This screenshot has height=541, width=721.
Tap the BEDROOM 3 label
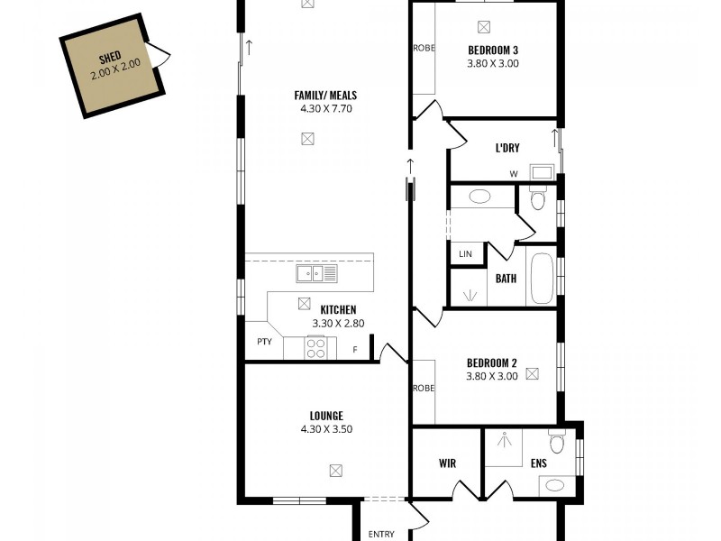(493, 50)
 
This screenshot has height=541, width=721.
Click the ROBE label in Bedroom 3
(424, 49)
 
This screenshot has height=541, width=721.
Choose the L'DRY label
(507, 149)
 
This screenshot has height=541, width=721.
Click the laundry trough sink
(542, 171)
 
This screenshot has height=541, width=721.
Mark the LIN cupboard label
(465, 254)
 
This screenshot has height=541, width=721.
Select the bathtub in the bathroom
(542, 278)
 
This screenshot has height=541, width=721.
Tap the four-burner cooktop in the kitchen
(315, 347)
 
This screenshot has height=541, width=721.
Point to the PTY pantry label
(264, 342)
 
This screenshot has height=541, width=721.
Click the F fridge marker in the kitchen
(355, 350)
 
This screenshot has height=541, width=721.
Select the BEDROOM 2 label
(492, 362)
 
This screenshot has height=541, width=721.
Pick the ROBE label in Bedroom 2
(424, 389)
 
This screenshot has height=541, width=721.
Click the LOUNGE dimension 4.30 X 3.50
(325, 429)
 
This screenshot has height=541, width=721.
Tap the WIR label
(447, 463)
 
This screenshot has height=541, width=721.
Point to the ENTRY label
(381, 534)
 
